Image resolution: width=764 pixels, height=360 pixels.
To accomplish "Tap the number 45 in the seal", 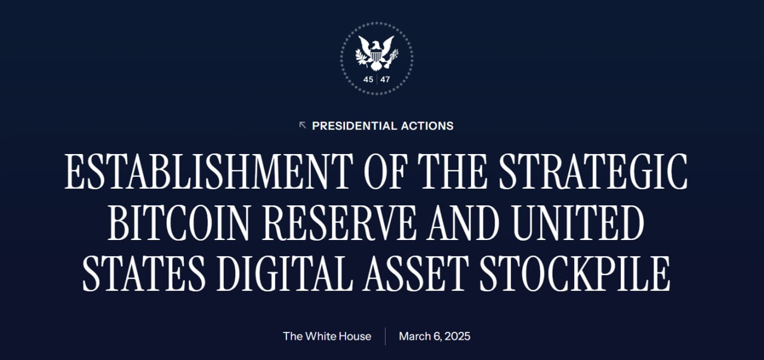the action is tap(368, 79).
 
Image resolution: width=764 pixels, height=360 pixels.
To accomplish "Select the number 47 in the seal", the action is tap(385, 79).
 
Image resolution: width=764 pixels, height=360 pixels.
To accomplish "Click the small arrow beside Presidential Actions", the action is tap(302, 125).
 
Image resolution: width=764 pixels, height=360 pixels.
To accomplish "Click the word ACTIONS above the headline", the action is tap(427, 126).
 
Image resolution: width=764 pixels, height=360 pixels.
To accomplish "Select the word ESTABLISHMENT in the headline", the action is tap(209, 171).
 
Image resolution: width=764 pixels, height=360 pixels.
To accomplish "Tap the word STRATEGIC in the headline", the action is tap(593, 171).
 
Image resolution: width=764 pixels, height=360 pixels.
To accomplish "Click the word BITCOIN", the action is tap(178, 223).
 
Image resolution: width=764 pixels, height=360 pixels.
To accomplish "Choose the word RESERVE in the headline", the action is tap(339, 223).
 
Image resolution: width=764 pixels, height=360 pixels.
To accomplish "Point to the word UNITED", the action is tap(578, 223).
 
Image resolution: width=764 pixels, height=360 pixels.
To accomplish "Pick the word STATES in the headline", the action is tap(144, 273).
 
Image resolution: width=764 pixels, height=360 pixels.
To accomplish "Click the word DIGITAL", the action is tap(285, 273).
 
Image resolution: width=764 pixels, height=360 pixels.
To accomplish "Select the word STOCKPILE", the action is tap(575, 273).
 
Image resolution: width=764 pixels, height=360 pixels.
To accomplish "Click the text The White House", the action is tap(327, 337).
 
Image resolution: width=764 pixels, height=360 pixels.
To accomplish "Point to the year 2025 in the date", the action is tap(457, 337).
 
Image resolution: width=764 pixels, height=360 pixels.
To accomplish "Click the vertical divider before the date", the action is tap(386, 337).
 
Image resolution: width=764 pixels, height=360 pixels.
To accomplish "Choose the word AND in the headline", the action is tap(464, 223).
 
